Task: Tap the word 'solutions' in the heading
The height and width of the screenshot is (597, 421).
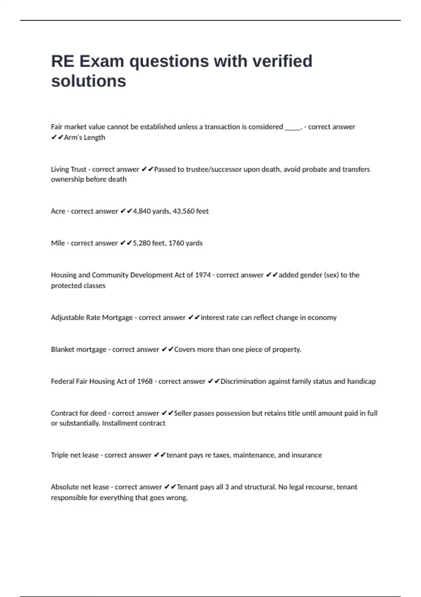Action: [x=89, y=81]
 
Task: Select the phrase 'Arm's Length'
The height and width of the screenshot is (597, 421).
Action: [x=85, y=138]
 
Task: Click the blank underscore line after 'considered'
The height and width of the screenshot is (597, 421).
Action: [x=293, y=127]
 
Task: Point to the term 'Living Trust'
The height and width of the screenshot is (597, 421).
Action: [x=68, y=169]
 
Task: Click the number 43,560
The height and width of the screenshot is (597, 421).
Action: [x=183, y=211]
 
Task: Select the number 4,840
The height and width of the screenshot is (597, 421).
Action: [x=141, y=211]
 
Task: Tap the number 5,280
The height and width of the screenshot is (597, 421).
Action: [x=141, y=243]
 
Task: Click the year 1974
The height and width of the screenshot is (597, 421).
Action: [x=203, y=275]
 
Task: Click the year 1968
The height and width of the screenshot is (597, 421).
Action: [x=145, y=381]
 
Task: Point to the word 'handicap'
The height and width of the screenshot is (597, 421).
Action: [x=361, y=381]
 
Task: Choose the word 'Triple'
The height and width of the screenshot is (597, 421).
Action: [x=60, y=455]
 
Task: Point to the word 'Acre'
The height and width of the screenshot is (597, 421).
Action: [x=58, y=211]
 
